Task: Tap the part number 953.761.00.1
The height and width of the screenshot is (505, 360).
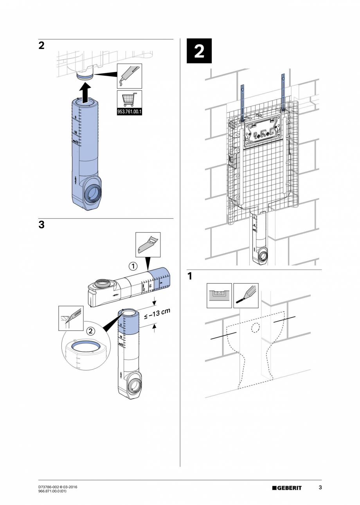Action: click(129, 112)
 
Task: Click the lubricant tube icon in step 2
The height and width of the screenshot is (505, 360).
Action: click(129, 76)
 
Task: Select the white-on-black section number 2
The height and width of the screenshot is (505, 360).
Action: click(199, 51)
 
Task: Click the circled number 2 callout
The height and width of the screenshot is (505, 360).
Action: click(90, 331)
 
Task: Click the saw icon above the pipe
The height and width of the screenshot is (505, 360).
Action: click(148, 245)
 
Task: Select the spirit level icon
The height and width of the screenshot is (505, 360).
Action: click(219, 296)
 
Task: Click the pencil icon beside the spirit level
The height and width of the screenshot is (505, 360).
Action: click(246, 296)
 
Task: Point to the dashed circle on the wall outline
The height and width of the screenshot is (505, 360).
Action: click(256, 328)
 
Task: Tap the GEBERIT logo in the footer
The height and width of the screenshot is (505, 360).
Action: click(287, 488)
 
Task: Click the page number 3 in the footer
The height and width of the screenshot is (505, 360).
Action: click(320, 487)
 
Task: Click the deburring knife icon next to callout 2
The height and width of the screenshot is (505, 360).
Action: click(70, 318)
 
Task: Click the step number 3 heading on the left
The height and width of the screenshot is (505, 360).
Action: click(41, 225)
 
